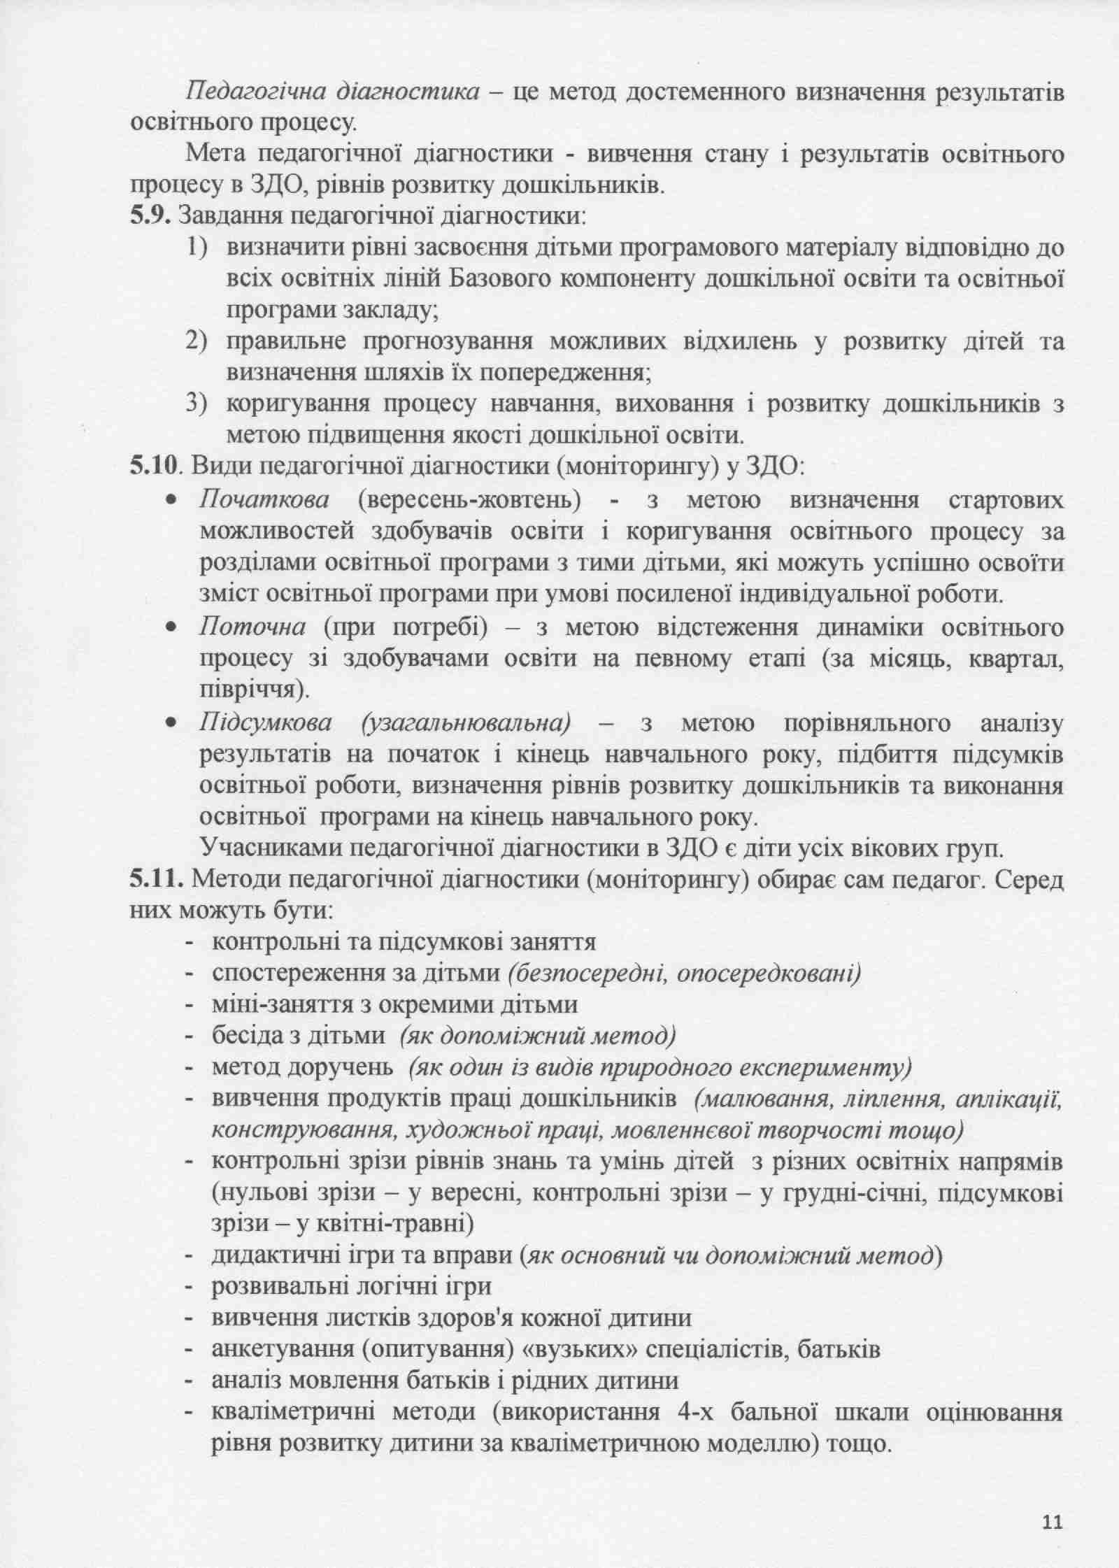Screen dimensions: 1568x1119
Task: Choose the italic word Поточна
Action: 252,627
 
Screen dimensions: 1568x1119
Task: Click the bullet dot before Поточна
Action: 170,628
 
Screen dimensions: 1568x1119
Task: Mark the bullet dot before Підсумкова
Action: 170,724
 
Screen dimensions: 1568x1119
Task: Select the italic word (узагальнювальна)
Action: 466,722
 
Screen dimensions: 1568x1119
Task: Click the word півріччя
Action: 252,690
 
